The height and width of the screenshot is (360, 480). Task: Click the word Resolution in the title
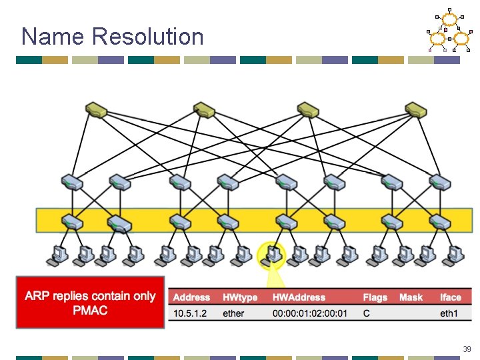click(x=149, y=36)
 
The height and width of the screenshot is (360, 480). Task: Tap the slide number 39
click(x=467, y=349)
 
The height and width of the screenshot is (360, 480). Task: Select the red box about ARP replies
click(x=90, y=303)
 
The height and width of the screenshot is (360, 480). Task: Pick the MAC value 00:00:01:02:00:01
click(x=309, y=313)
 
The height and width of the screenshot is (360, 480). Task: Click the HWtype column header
click(x=240, y=297)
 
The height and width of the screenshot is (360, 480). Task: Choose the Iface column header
click(x=450, y=297)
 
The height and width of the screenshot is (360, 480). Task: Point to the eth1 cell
click(x=449, y=313)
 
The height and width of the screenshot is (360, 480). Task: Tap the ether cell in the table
click(x=233, y=313)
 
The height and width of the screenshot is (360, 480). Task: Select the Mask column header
click(x=411, y=297)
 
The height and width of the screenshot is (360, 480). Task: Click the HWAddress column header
click(x=299, y=297)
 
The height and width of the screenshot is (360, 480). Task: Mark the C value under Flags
click(x=367, y=313)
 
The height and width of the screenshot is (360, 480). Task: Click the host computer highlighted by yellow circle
click(x=272, y=254)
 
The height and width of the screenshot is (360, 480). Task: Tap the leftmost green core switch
click(x=97, y=110)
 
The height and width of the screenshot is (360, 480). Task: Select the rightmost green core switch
click(x=416, y=110)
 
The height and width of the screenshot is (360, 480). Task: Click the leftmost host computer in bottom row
click(x=59, y=254)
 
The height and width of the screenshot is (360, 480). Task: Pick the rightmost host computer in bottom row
click(x=456, y=254)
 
